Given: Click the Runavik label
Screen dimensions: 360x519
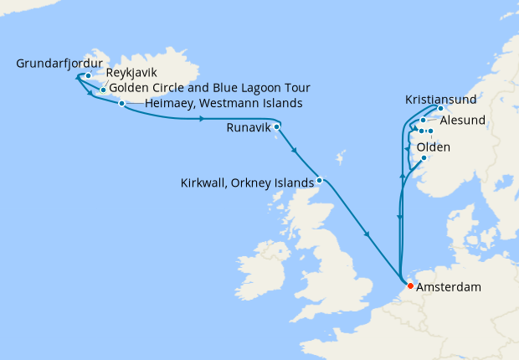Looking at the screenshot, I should click(249, 130).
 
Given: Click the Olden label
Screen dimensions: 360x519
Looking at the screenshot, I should click(434, 147).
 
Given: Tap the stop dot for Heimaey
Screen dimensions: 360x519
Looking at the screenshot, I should click(122, 104).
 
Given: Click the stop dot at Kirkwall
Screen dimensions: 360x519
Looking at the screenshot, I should click(319, 179).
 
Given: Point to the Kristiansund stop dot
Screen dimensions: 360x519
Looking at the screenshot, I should click(440, 109).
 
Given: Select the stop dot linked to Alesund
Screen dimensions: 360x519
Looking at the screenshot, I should click(424, 121).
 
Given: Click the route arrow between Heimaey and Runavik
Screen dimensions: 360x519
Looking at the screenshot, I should click(202, 119).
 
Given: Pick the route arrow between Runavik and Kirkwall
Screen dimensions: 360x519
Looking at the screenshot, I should click(293, 151).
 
